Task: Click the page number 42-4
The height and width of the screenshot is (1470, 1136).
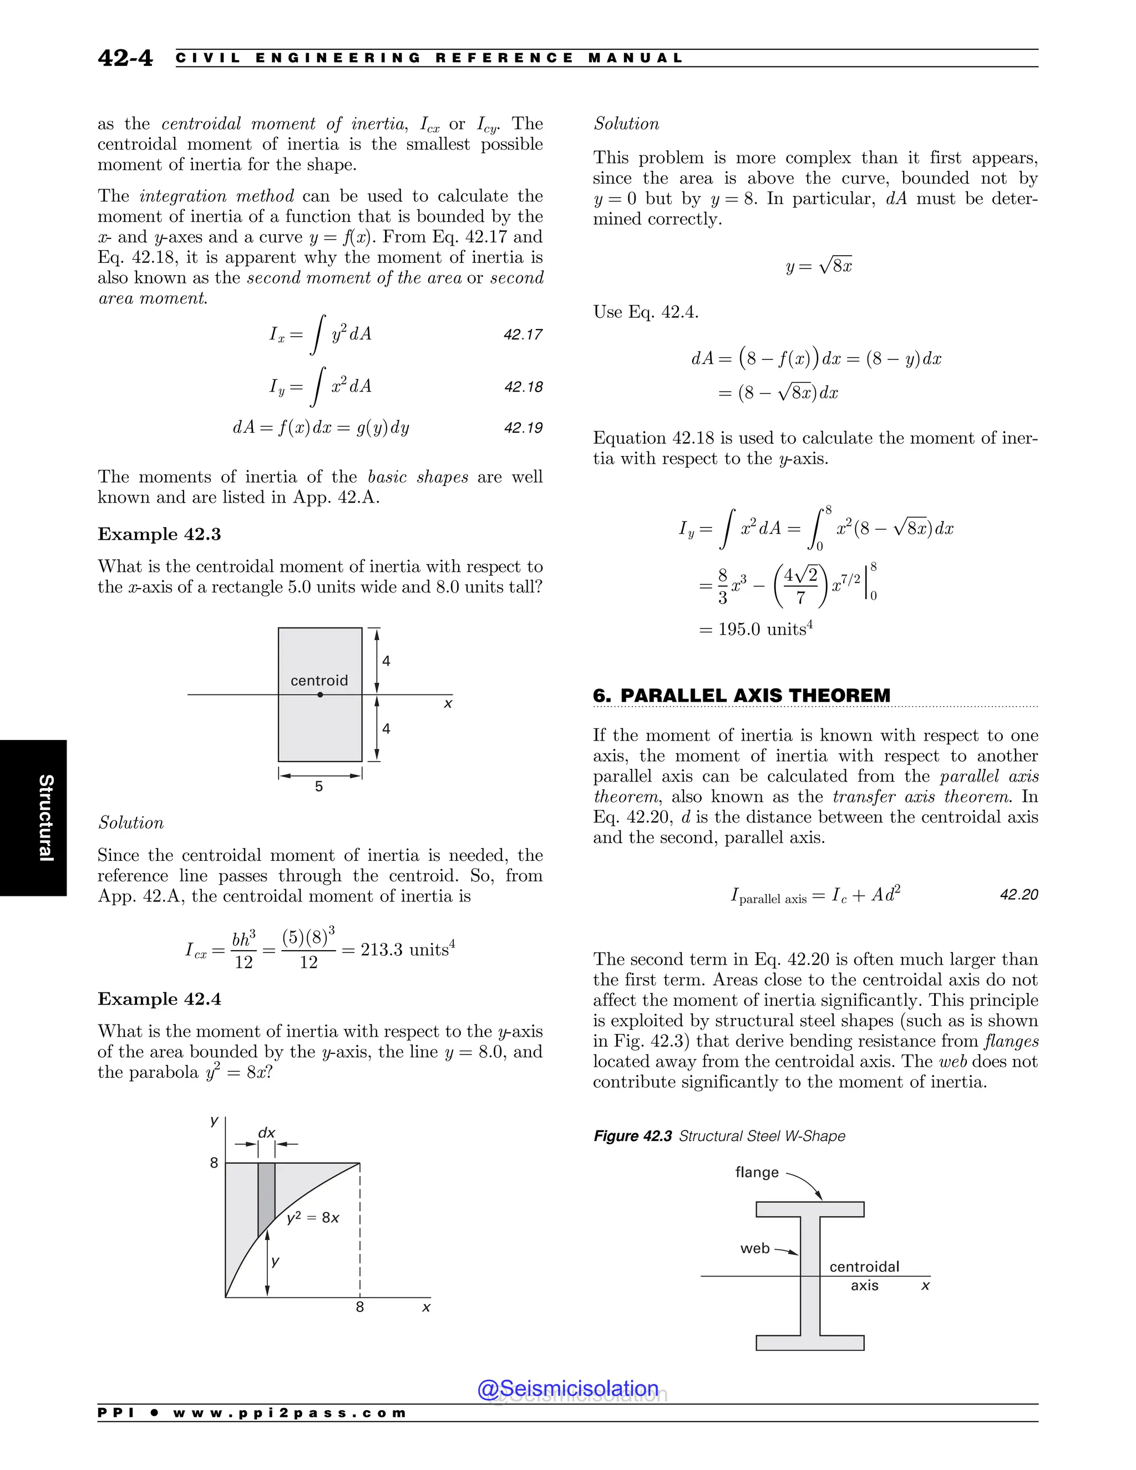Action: coord(125,58)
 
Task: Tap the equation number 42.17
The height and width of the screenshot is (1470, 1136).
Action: coord(523,334)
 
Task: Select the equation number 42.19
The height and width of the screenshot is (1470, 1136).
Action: coord(523,428)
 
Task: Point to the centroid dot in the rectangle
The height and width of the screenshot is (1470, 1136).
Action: coord(321,695)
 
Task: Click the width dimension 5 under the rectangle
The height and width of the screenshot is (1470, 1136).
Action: coord(319,786)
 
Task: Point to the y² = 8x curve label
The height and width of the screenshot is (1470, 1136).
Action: coord(313,1218)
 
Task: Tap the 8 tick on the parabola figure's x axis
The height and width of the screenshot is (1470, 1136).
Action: coord(360,1307)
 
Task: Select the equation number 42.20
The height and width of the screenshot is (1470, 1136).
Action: coord(1019,895)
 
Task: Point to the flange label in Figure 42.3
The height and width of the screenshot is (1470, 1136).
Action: coord(757,1173)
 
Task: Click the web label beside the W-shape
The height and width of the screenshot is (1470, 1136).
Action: coord(754,1249)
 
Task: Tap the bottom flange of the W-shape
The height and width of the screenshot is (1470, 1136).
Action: coord(810,1343)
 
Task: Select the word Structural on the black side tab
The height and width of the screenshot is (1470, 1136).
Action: coord(46,818)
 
